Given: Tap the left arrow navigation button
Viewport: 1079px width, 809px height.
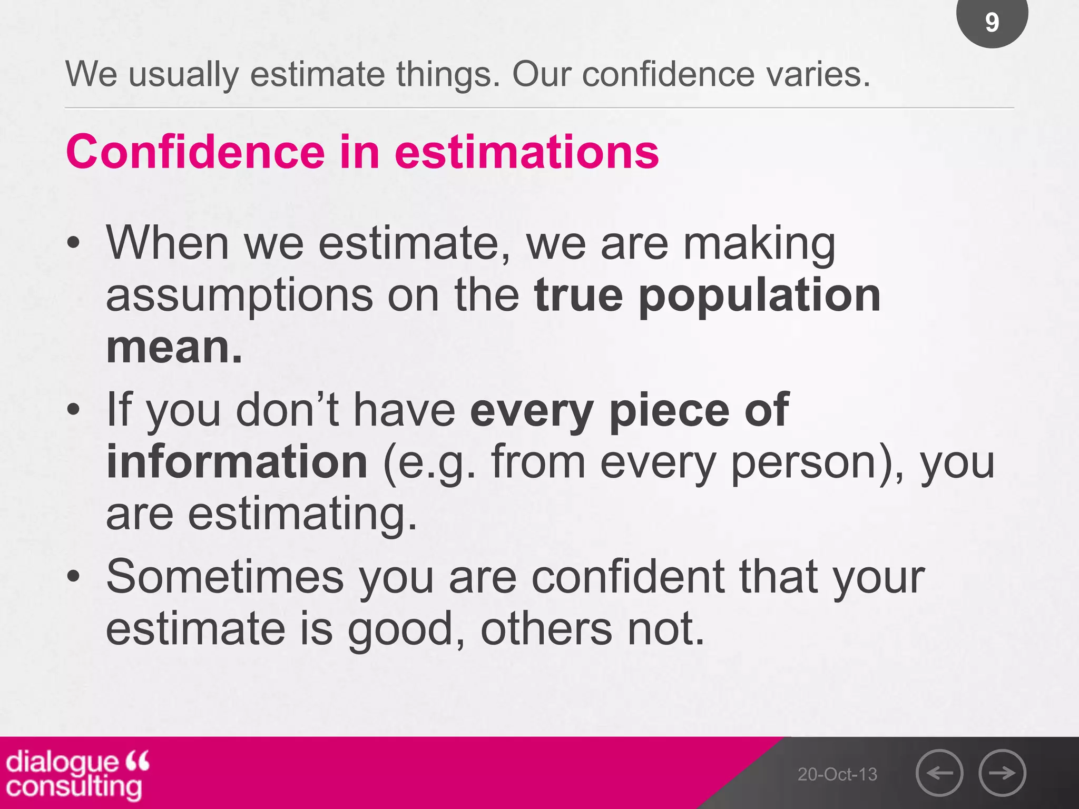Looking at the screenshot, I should (939, 773).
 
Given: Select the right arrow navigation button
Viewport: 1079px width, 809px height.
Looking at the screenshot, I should (1002, 773).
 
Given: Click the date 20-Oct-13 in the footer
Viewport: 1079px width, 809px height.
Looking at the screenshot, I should (837, 774).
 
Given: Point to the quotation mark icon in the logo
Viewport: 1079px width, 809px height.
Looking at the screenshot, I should (138, 761).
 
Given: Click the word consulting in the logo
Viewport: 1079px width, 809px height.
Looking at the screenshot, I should (74, 786).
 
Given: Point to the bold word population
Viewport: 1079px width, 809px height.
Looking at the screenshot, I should (759, 296).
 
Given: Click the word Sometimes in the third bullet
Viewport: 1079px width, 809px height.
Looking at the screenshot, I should (225, 577).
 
